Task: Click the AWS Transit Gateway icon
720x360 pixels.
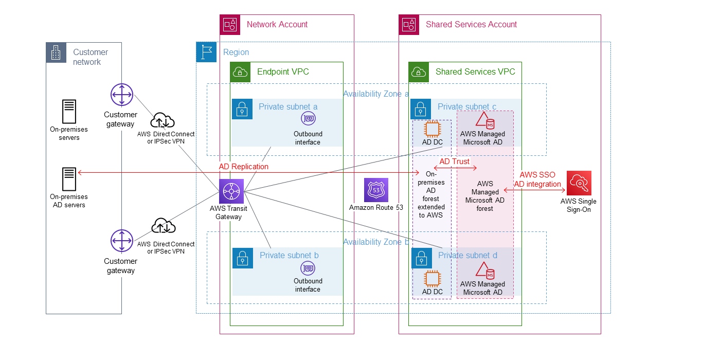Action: tap(231, 192)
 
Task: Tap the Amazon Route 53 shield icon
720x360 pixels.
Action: tap(376, 190)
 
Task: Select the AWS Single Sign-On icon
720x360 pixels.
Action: tap(579, 183)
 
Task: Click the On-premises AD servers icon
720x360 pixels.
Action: tap(69, 179)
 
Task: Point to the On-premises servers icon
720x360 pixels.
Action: tap(69, 112)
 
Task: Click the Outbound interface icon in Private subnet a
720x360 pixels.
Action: tap(308, 119)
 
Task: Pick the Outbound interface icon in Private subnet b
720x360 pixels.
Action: tap(308, 268)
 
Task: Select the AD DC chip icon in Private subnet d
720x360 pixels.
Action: tap(432, 278)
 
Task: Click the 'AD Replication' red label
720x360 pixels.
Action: tap(244, 167)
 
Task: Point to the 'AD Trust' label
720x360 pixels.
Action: tap(454, 161)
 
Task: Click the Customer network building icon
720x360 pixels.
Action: tap(56, 52)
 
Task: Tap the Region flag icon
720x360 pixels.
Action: tap(207, 52)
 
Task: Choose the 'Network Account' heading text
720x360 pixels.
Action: tap(277, 24)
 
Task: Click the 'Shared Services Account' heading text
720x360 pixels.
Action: tap(471, 24)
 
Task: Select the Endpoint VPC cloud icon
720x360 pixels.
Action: tap(240, 72)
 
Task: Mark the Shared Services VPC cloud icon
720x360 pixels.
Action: tap(419, 72)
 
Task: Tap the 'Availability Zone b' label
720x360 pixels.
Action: tap(376, 242)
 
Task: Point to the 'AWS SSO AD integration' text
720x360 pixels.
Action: tap(537, 179)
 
